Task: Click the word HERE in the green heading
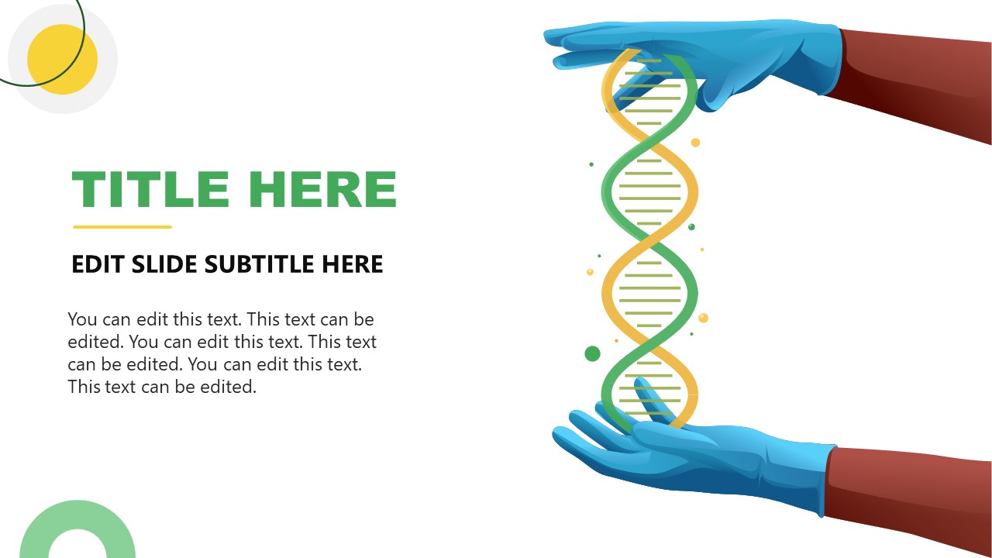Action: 325,190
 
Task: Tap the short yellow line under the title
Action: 122,227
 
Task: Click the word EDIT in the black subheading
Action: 99,264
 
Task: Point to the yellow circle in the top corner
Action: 63,60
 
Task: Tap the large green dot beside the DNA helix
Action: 592,354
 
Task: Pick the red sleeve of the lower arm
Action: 907,496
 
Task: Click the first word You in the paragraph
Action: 82,319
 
